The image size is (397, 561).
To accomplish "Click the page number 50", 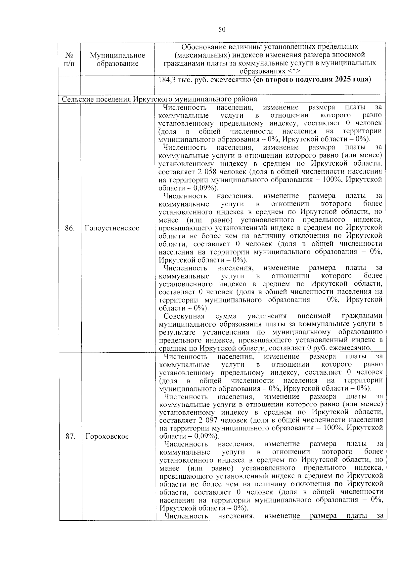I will [222, 30].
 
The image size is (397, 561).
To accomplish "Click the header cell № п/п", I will [69, 59].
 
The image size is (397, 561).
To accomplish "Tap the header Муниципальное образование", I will [117, 59].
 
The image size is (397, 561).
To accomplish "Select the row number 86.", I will [69, 228].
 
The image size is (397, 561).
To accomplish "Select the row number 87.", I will [70, 436].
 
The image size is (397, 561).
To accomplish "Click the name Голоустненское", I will [112, 228].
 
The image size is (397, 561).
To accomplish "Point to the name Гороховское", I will [107, 436].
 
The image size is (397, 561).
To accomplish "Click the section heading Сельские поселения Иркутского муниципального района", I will [159, 99].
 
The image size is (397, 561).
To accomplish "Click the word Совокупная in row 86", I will [184, 316].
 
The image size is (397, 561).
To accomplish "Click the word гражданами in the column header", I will [180, 63].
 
